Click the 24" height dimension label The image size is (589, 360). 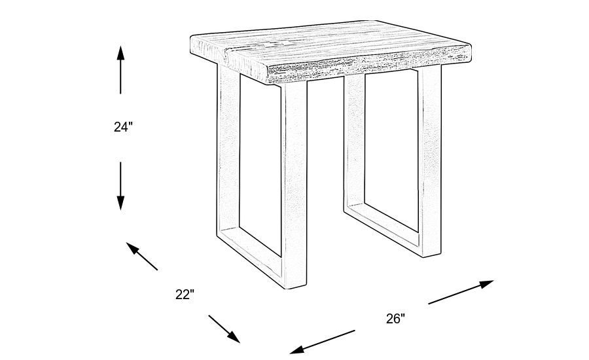pyautogui.click(x=123, y=127)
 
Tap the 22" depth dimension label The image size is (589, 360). pyautogui.click(x=185, y=295)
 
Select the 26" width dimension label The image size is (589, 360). pyautogui.click(x=395, y=319)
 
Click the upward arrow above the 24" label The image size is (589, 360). pyautogui.click(x=120, y=69)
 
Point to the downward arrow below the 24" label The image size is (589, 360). pyautogui.click(x=120, y=186)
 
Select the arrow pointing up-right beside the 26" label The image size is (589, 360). pyautogui.click(x=461, y=292)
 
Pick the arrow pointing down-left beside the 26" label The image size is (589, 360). pyautogui.click(x=322, y=342)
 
